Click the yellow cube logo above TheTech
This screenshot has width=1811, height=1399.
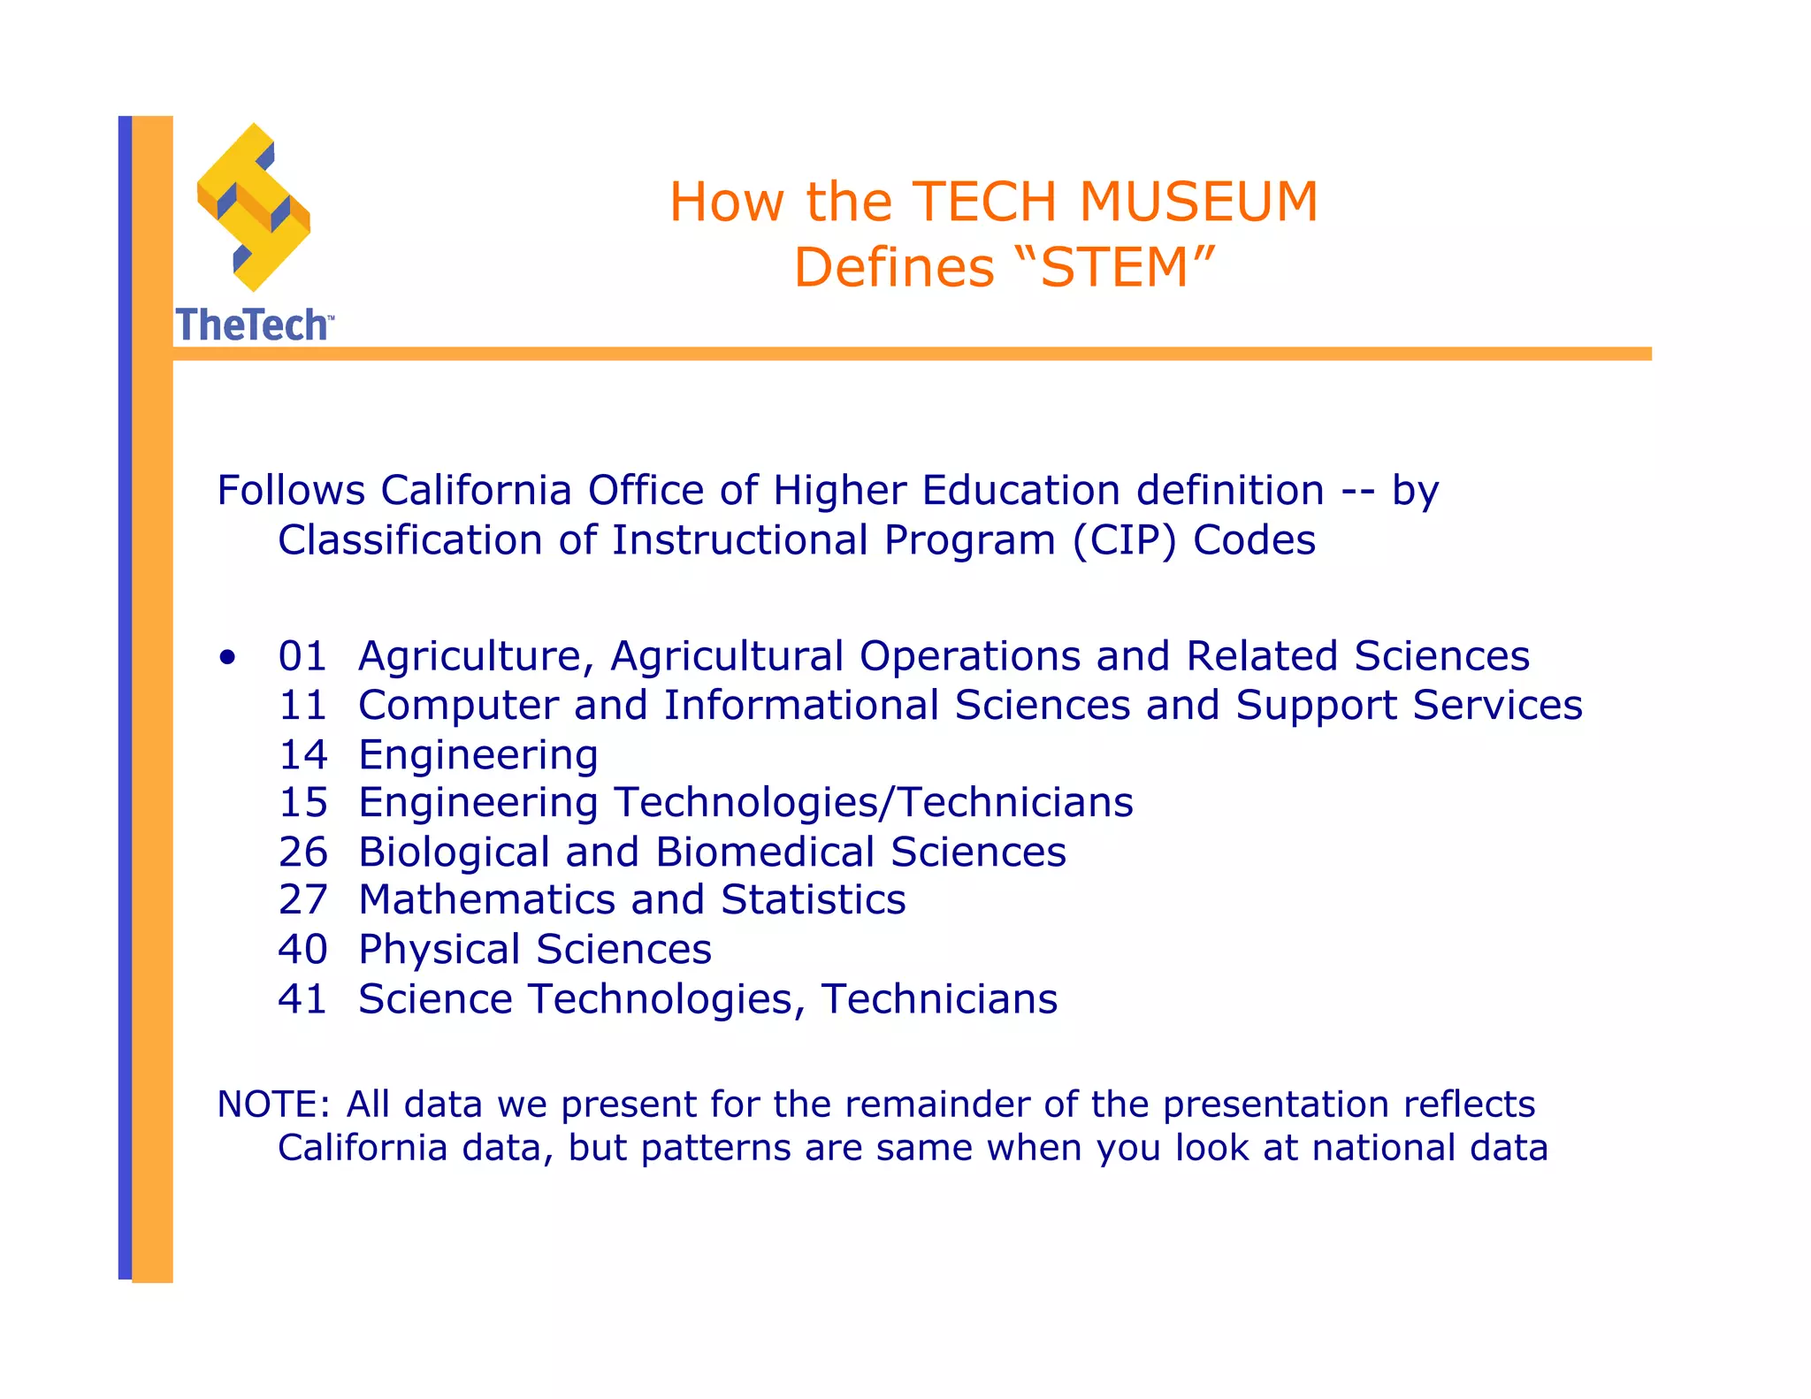tap(254, 208)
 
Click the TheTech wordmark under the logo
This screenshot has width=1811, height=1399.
tap(254, 325)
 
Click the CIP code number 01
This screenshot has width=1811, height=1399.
tap(302, 656)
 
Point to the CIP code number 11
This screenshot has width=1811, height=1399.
tap(302, 706)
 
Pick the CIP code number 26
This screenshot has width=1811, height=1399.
tap(302, 852)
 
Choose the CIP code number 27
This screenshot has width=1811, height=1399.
tap(302, 900)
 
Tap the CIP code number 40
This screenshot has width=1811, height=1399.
tap(302, 950)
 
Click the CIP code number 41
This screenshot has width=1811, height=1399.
tap(302, 999)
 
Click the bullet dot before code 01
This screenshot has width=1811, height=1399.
tap(229, 657)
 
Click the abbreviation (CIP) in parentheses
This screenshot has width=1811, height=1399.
tap(1124, 540)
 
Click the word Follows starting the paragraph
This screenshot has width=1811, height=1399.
tap(291, 491)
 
